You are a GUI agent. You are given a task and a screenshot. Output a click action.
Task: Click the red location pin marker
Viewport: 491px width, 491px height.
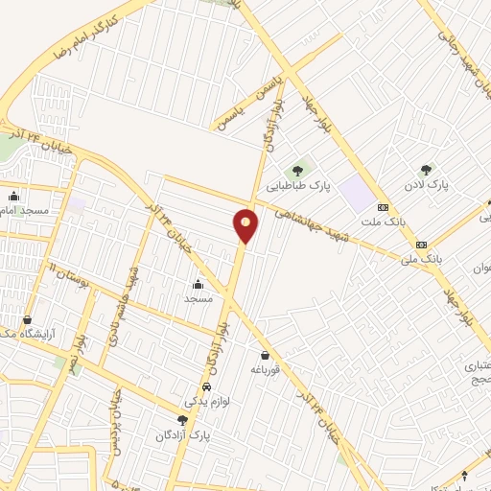[x=246, y=225]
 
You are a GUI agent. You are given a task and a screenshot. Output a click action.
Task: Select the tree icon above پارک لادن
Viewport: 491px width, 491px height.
[x=426, y=169]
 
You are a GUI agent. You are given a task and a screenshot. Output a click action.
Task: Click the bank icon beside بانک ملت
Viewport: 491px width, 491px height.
[x=383, y=207]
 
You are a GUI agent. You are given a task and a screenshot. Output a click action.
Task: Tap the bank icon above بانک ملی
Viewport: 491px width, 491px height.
[x=421, y=245]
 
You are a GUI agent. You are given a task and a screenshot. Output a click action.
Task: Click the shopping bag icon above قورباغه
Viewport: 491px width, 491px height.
[x=264, y=356]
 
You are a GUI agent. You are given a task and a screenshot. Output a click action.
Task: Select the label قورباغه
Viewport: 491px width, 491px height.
[x=264, y=369]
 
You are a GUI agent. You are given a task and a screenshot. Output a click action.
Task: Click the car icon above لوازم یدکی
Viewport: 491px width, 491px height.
[x=206, y=386]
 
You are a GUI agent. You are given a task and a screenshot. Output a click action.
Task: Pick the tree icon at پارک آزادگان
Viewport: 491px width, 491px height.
[x=182, y=420]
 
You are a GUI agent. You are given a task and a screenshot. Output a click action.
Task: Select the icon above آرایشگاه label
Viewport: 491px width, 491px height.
[x=26, y=320]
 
